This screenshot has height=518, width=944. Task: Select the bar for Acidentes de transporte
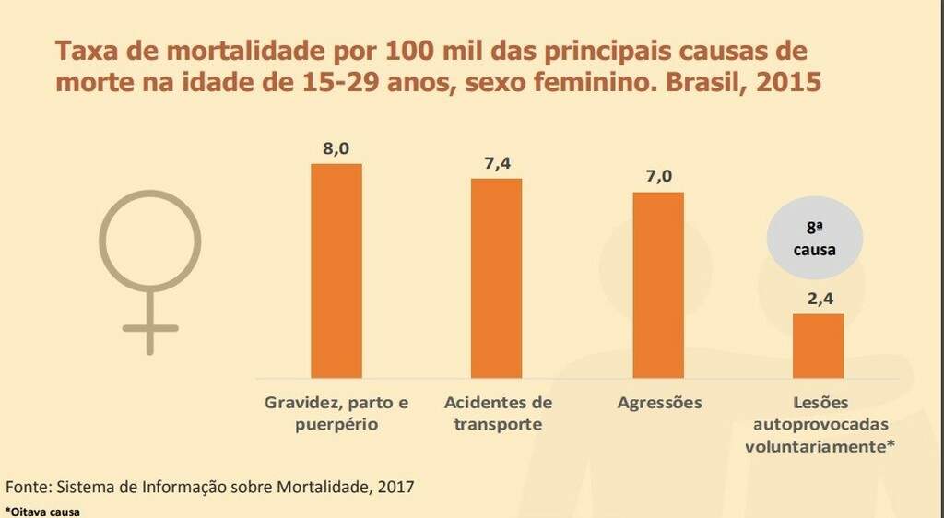[x=496, y=277]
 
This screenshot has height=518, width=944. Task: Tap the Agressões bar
[x=658, y=285]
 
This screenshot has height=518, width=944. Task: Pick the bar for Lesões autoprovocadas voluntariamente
[x=819, y=346]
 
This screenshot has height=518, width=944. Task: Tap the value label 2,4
[x=818, y=299]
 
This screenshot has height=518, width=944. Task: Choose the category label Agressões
[x=659, y=404]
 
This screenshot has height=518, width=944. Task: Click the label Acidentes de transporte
[x=498, y=414]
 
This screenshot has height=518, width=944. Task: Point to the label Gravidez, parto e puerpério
[x=336, y=414]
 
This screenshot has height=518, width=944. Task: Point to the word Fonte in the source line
[x=28, y=485]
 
